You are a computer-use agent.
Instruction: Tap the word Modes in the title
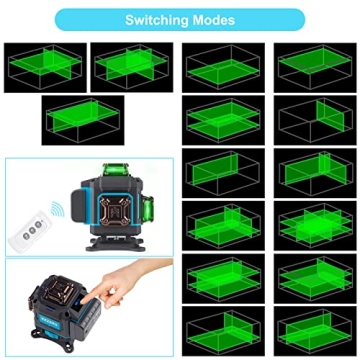(215, 19)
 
